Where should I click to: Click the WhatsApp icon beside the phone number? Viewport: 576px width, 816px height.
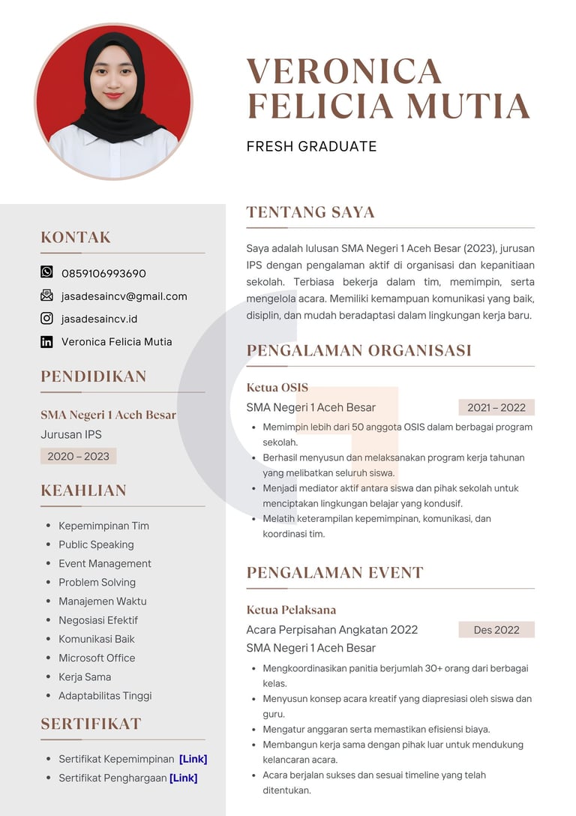[x=46, y=272]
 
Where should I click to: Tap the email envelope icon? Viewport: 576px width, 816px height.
[x=46, y=295]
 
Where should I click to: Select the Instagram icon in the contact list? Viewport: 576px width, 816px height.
[x=46, y=318]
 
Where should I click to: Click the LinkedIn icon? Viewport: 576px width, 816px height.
[x=46, y=341]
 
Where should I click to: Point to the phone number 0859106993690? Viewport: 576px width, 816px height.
[x=103, y=273]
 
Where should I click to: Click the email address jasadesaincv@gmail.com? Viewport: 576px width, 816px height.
[x=124, y=296]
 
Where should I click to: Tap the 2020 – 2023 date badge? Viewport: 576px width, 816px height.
[x=78, y=456]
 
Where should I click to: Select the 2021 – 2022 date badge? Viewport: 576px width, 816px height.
[x=496, y=407]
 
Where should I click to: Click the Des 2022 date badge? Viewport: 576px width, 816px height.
[x=496, y=629]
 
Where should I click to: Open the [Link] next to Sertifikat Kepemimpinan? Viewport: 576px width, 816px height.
[x=193, y=759]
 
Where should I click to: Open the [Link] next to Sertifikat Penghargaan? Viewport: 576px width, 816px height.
[x=183, y=778]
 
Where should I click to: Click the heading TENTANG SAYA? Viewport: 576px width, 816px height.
[x=310, y=212]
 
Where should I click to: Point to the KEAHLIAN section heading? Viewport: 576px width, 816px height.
[x=83, y=490]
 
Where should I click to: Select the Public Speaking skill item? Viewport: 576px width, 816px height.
[x=96, y=544]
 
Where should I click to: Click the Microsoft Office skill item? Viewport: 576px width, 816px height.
[x=97, y=658]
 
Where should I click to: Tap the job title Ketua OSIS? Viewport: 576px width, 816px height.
[x=277, y=388]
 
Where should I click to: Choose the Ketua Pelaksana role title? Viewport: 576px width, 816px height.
[x=291, y=610]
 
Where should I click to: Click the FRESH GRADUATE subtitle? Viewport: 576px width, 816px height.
[x=311, y=146]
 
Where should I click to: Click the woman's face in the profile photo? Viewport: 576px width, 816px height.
[x=113, y=77]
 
